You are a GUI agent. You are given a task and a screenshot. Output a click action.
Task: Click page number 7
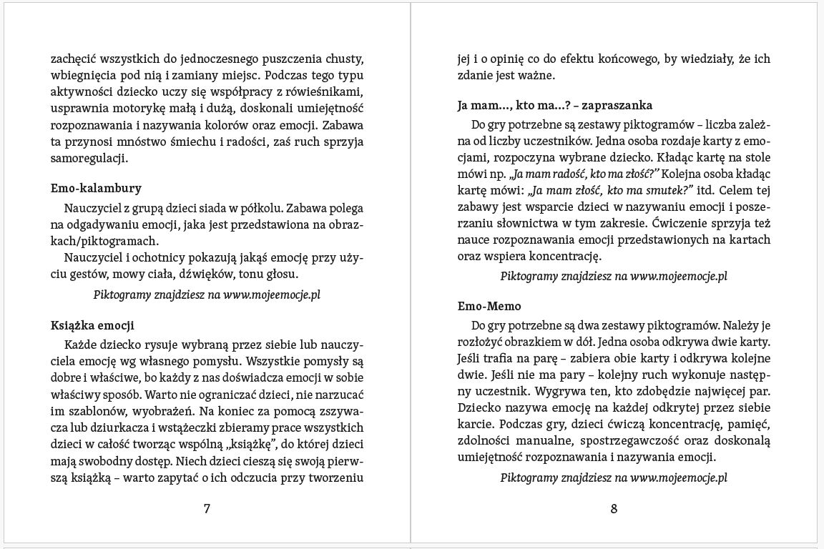pos(207,509)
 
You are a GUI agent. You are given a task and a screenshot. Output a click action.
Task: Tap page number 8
pos(614,509)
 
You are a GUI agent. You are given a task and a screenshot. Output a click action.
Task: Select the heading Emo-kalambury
pos(96,189)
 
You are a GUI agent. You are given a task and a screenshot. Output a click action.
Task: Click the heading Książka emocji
pos(92,325)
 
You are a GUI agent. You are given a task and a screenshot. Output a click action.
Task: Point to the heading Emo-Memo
pos(489,307)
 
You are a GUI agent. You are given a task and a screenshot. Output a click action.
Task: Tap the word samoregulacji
pos(89,157)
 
